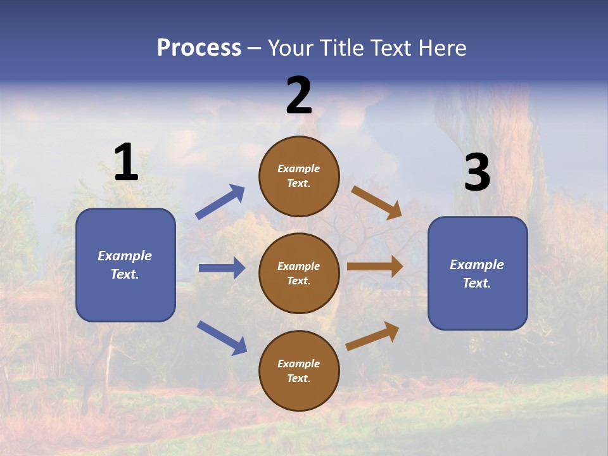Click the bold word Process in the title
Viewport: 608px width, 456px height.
199,48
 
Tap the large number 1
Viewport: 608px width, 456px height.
126,163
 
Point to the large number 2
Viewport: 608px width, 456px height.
299,96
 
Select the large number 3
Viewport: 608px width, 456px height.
478,173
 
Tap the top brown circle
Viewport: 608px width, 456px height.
299,176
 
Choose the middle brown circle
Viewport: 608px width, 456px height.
299,273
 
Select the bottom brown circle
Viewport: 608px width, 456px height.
299,370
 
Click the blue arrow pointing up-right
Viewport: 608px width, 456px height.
220,202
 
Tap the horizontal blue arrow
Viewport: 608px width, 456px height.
222,268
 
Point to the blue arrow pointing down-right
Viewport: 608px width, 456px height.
222,338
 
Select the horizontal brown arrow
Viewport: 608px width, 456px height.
375,267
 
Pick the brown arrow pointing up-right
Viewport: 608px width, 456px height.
373,336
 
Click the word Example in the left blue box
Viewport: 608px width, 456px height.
125,256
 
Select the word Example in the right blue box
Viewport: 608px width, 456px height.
477,265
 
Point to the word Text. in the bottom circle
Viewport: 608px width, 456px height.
299,378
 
